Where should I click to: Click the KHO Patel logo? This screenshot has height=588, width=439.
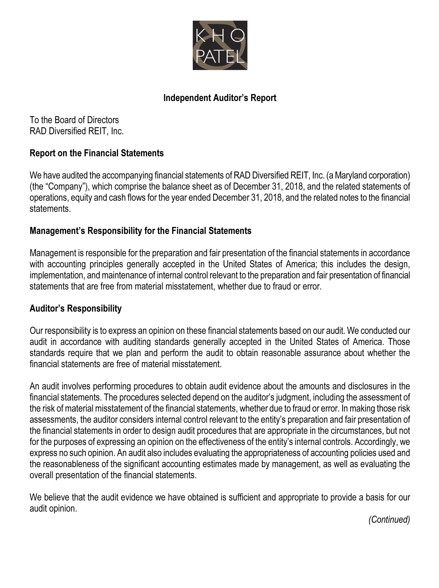[220, 45]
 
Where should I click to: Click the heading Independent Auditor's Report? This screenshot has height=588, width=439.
[220, 98]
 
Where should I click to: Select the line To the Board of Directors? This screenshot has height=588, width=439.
[74, 120]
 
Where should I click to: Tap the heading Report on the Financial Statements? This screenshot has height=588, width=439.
[96, 153]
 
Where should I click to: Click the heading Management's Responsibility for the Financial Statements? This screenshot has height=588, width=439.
[140, 231]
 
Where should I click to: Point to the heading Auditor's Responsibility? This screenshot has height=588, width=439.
[76, 308]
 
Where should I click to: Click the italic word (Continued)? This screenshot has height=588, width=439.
[389, 520]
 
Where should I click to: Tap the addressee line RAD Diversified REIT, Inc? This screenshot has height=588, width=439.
[76, 131]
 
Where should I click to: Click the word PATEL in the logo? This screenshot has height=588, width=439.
[220, 57]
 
